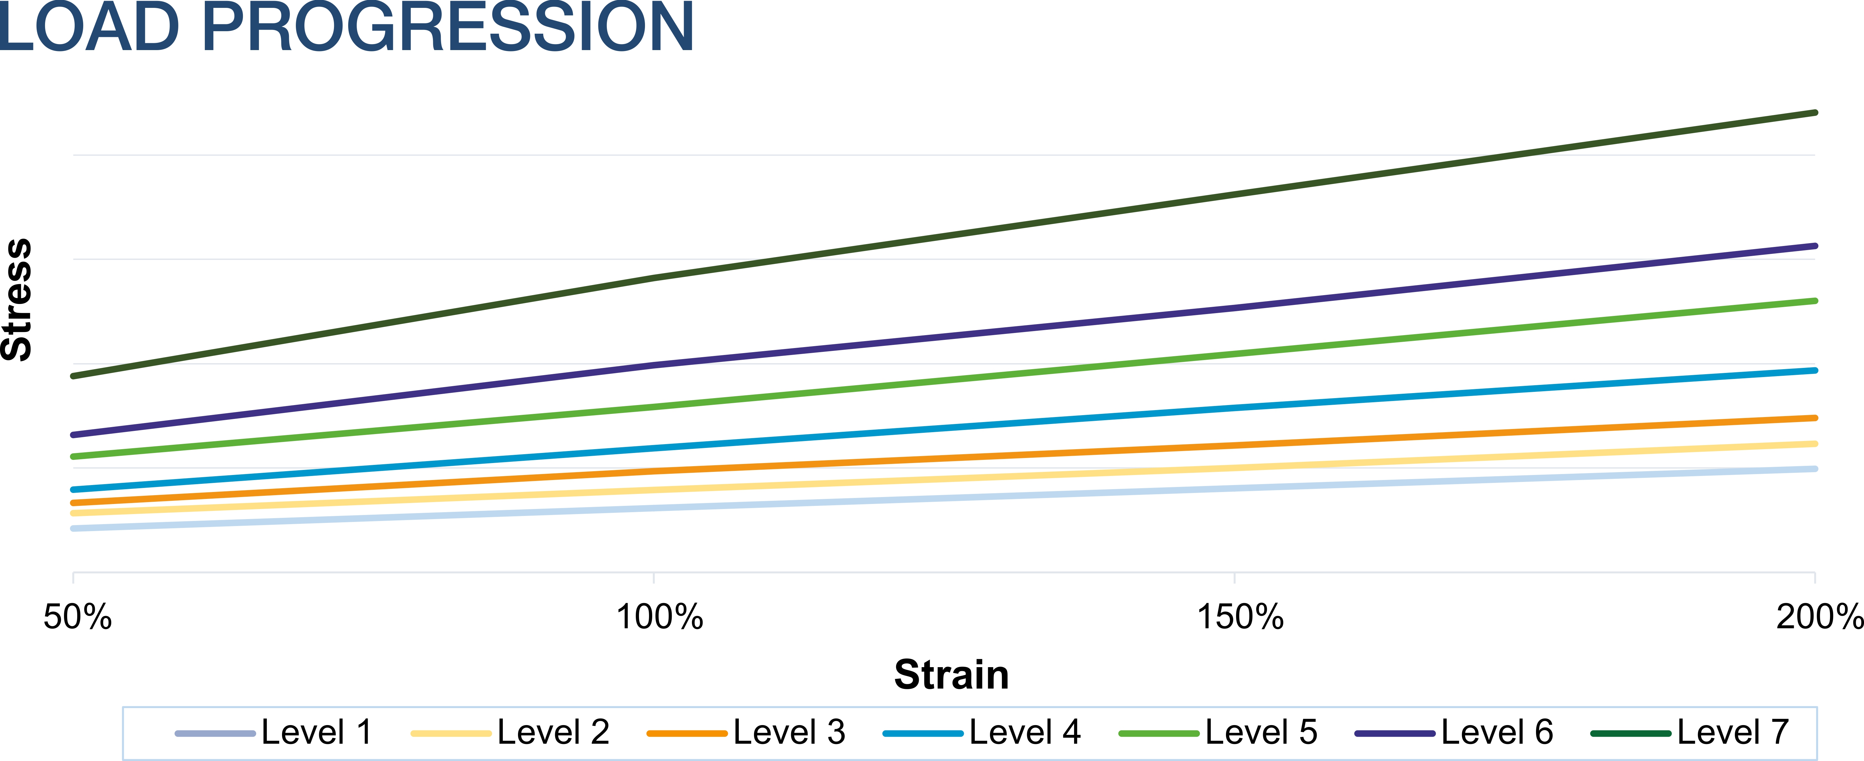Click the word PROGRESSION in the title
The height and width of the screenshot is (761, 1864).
pyautogui.click(x=449, y=27)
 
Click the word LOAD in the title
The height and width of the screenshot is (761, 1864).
pyautogui.click(x=88, y=27)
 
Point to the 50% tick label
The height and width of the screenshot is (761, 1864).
pyautogui.click(x=78, y=617)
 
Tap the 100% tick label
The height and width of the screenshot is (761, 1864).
pyautogui.click(x=659, y=617)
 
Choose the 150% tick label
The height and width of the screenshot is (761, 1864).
pyautogui.click(x=1240, y=617)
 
